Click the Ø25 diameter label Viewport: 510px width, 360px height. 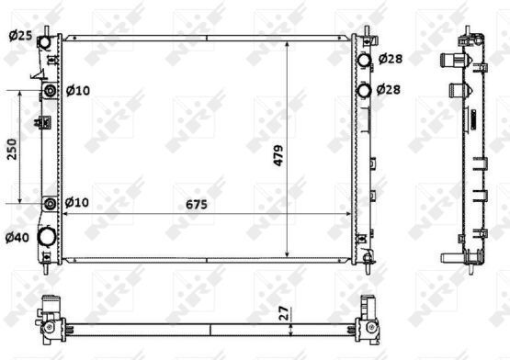(20, 36)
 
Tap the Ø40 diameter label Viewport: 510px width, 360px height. (17, 238)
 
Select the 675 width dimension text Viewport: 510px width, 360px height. (197, 204)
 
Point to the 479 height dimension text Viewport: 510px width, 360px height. (278, 155)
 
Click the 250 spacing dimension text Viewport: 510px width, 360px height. (12, 149)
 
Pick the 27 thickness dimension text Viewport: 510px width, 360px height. (284, 313)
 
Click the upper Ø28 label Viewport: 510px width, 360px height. (391, 59)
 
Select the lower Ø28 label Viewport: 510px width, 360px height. (389, 89)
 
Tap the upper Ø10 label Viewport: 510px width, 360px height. (78, 90)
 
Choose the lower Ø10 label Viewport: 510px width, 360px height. (77, 202)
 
